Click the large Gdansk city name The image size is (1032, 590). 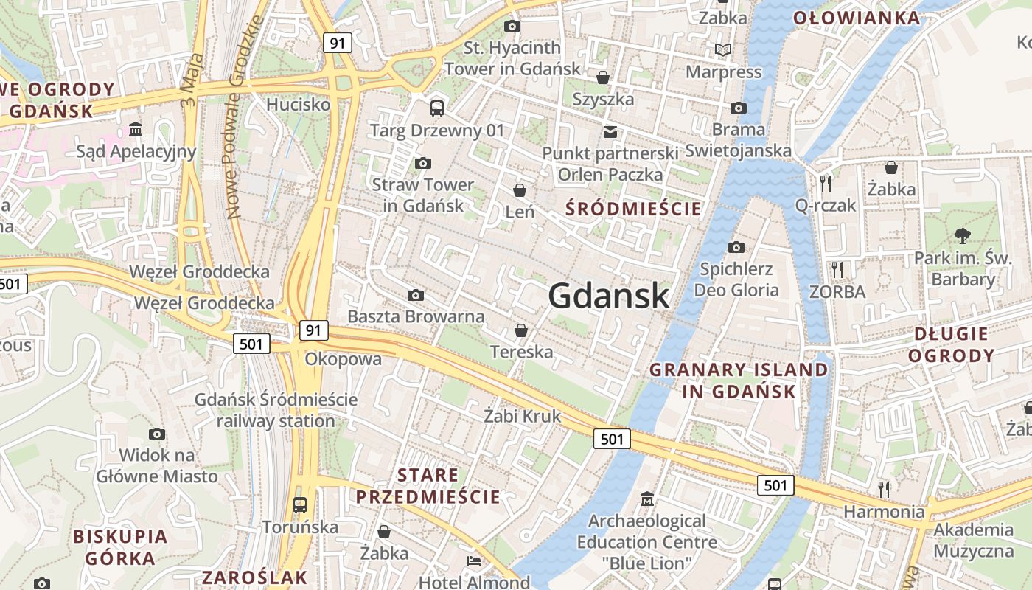pyautogui.click(x=609, y=296)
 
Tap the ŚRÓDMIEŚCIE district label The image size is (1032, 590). pyautogui.click(x=633, y=209)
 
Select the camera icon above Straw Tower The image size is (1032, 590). pyautogui.click(x=422, y=163)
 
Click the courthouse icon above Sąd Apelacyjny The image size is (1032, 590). pyautogui.click(x=136, y=130)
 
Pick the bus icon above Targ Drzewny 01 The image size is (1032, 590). pyautogui.click(x=437, y=108)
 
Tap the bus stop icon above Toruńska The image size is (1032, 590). pyautogui.click(x=300, y=505)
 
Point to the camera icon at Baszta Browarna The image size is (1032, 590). pyautogui.click(x=416, y=295)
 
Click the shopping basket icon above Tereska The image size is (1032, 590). pyautogui.click(x=521, y=330)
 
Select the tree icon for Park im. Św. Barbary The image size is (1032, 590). pyautogui.click(x=962, y=236)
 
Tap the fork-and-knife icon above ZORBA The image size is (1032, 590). pyautogui.click(x=837, y=269)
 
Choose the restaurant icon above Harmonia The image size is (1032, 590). pyautogui.click(x=884, y=488)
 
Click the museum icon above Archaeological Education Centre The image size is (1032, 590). pyautogui.click(x=647, y=499)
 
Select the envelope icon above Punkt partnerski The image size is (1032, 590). pyautogui.click(x=610, y=132)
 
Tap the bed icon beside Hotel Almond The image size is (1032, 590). pyautogui.click(x=474, y=561)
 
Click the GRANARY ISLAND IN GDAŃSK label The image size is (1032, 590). pyautogui.click(x=739, y=380)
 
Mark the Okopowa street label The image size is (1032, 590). pyautogui.click(x=344, y=359)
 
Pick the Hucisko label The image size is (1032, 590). pyautogui.click(x=299, y=104)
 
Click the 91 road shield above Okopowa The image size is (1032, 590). pyautogui.click(x=314, y=330)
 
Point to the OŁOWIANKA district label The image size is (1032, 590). pyautogui.click(x=857, y=18)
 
